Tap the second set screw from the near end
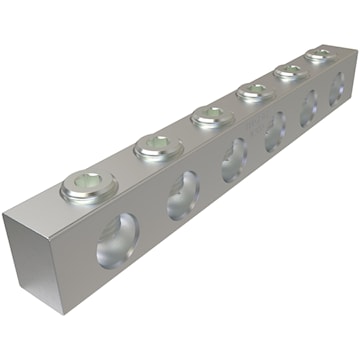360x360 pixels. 156,151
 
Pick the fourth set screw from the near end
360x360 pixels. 252,93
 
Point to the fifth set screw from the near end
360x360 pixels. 290,71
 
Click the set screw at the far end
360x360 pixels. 318,55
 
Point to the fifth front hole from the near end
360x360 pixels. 308,106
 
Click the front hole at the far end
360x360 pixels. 335,88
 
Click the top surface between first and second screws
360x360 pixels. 120,175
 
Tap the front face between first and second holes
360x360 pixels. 150,225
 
